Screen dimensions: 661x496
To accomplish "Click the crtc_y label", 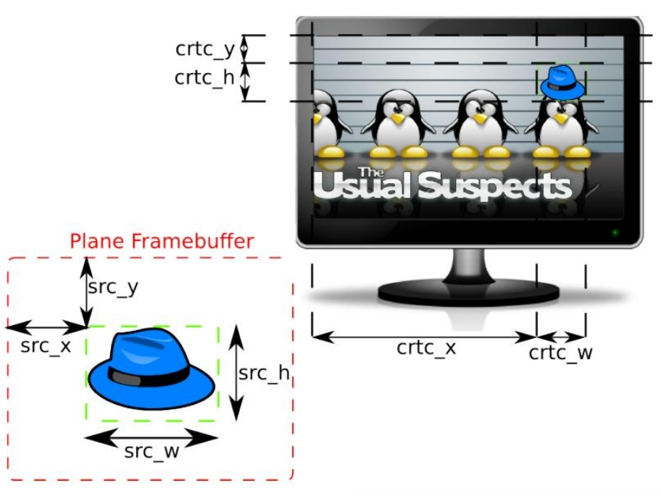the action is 205,49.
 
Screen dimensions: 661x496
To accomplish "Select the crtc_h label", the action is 205,77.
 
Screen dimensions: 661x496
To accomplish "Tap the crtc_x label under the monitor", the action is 426,348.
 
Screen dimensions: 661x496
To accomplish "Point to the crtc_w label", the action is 560,353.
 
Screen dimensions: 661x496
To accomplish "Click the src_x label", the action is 46,345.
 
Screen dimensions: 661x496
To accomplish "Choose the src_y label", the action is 113,287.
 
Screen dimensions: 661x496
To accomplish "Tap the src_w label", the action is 151,452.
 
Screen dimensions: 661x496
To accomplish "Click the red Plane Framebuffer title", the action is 162,241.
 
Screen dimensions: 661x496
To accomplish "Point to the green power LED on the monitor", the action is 615,232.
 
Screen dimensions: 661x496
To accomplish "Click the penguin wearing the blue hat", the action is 561,127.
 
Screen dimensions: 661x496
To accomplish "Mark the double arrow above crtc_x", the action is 423,336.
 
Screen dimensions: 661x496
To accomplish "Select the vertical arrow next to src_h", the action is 236,373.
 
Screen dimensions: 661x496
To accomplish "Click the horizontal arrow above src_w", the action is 151,437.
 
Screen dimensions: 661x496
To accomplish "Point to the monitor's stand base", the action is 468,293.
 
